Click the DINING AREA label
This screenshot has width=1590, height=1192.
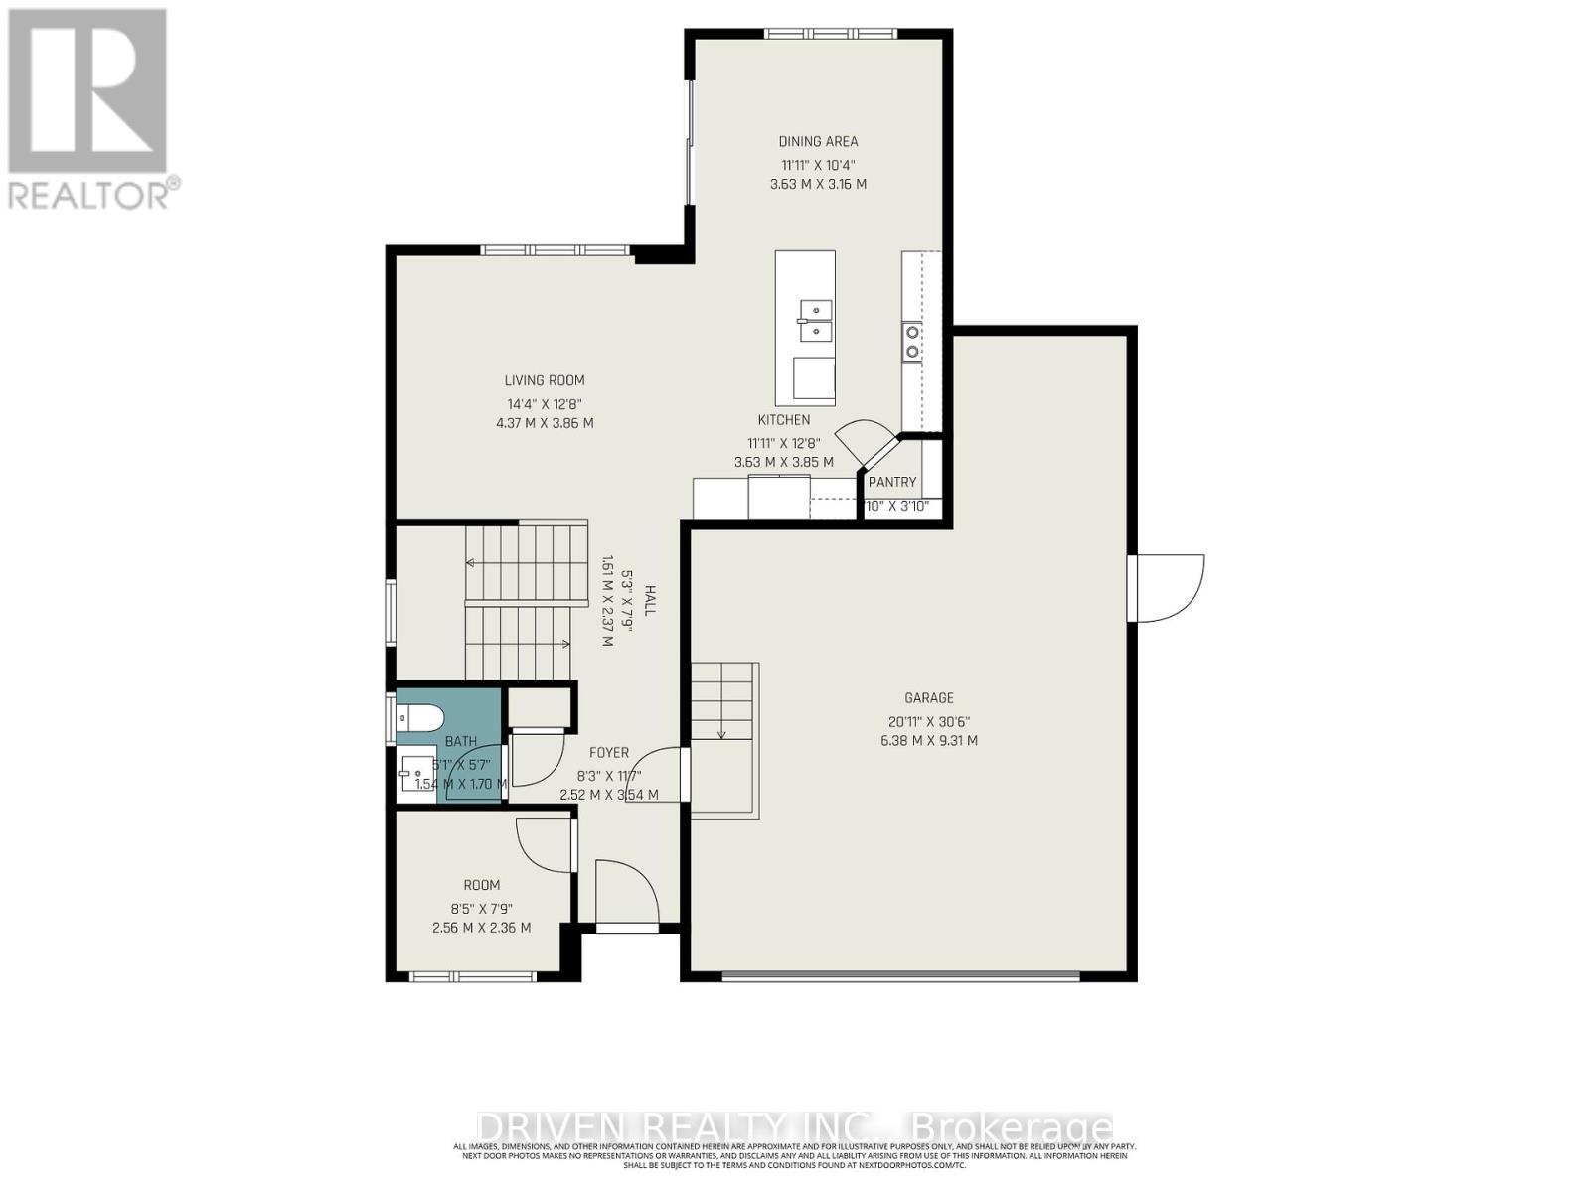[818, 141]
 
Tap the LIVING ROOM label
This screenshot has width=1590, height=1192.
[545, 380]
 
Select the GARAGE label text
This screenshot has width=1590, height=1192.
[928, 698]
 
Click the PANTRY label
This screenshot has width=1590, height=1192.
[891, 482]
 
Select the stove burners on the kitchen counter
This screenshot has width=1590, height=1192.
[911, 340]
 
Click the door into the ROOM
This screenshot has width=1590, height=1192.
[545, 845]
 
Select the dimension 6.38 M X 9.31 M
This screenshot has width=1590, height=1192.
[928, 741]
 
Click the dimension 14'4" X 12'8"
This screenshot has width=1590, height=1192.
[545, 404]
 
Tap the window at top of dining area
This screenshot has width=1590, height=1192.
[830, 34]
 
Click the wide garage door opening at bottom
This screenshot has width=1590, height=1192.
[900, 976]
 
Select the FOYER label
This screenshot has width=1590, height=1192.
[608, 753]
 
